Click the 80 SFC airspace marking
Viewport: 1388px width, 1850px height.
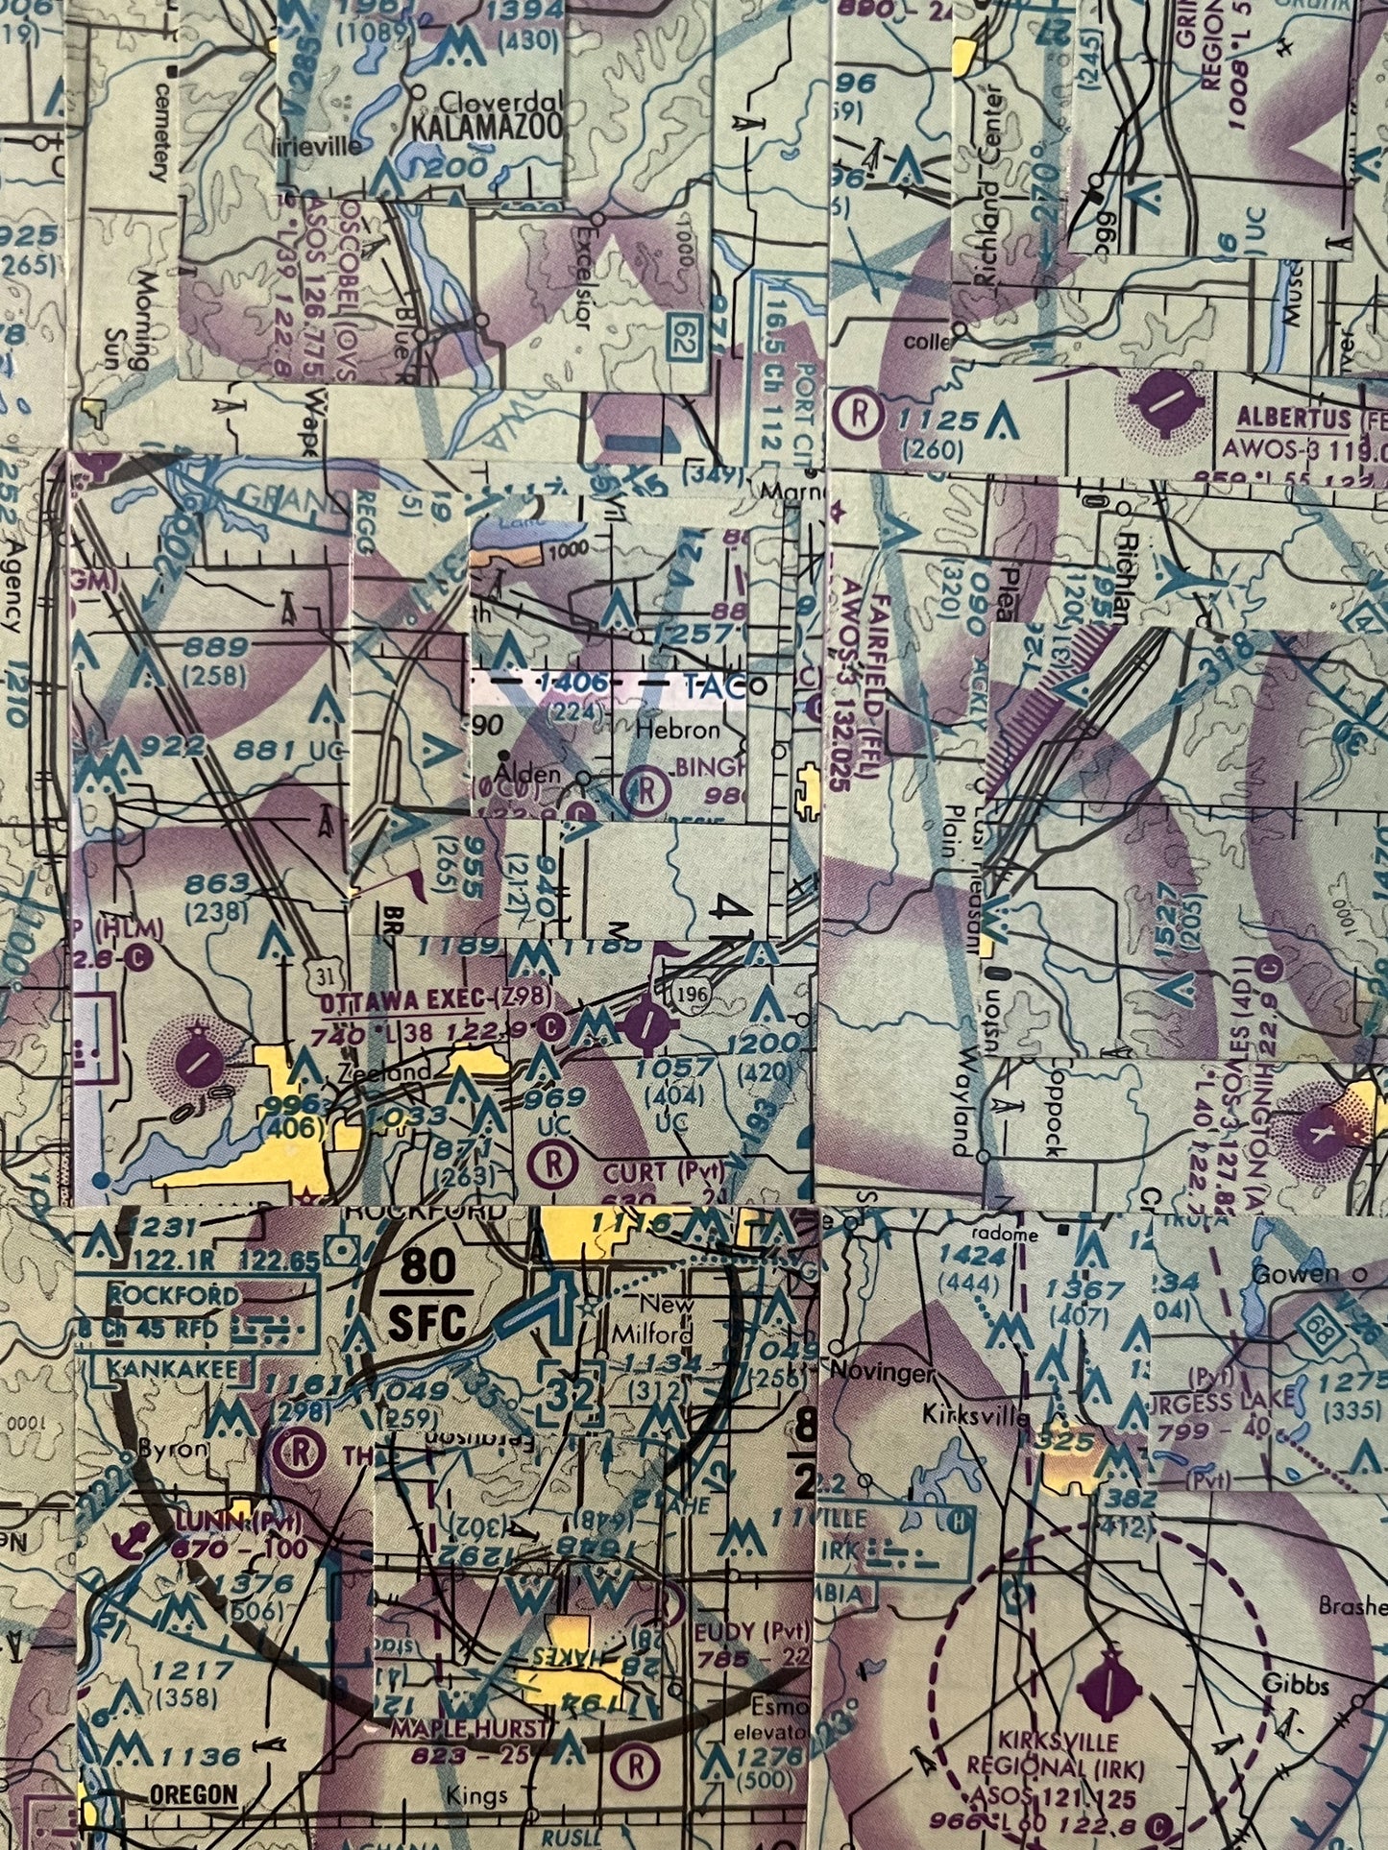point(427,1295)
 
